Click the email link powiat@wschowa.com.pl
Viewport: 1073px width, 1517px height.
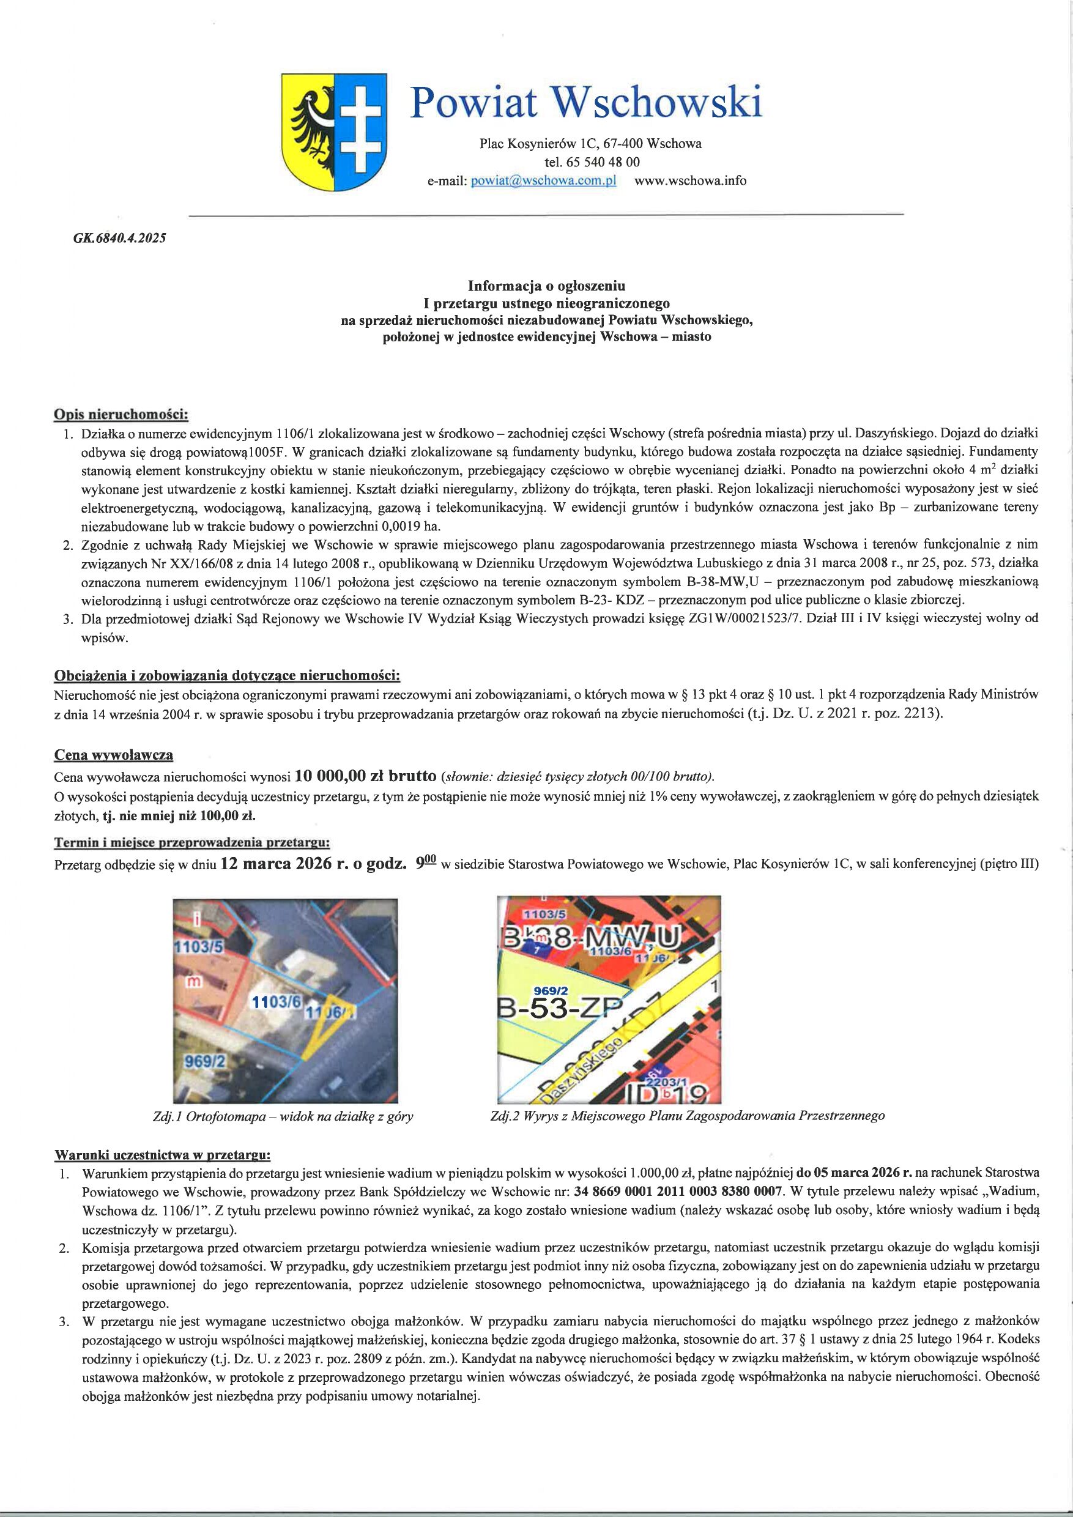543,181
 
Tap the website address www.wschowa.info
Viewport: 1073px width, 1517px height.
690,180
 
